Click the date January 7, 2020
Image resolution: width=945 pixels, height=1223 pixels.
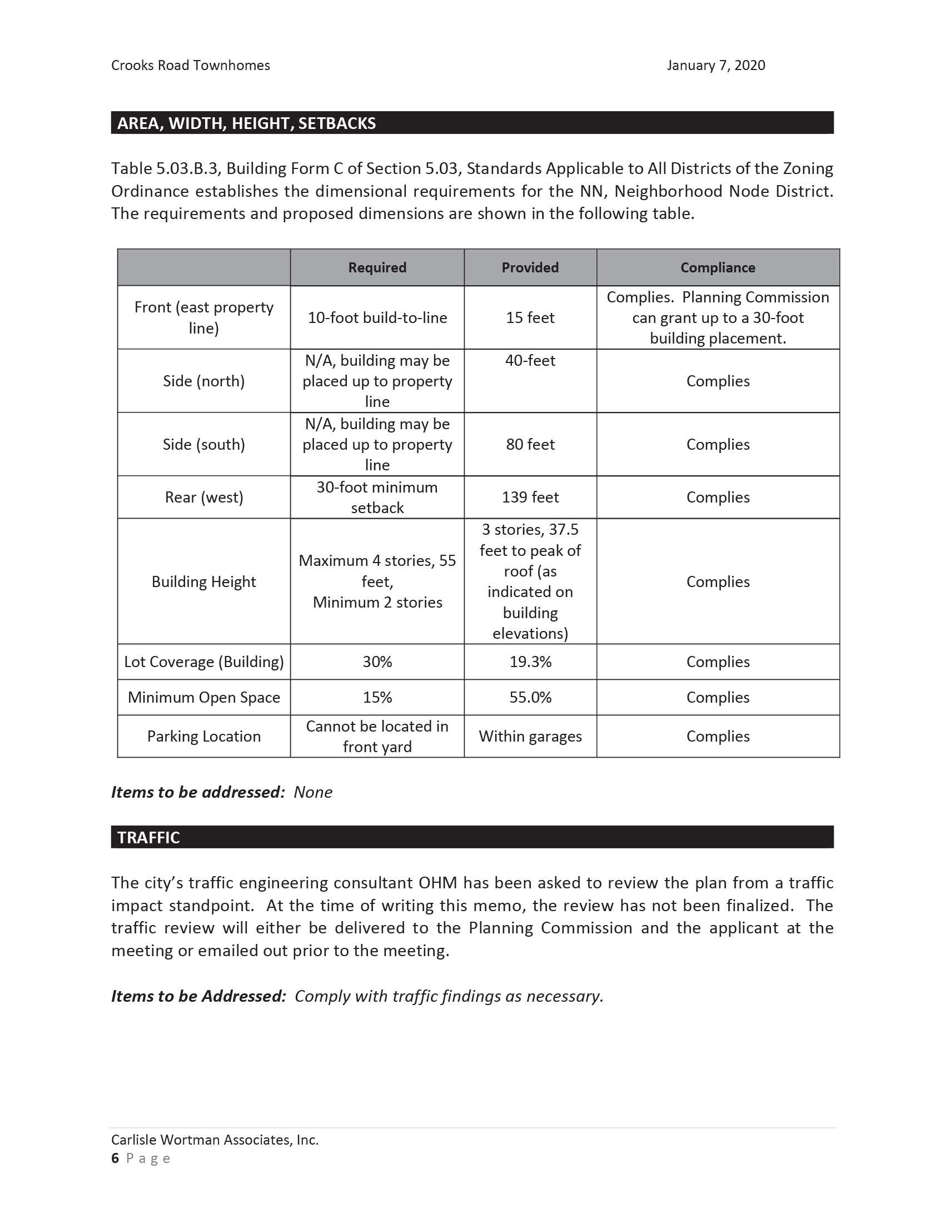[715, 66]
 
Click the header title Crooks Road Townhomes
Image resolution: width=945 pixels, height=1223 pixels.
[190, 66]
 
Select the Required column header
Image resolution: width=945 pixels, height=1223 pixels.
[377, 268]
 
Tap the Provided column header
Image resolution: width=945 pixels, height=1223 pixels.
[530, 268]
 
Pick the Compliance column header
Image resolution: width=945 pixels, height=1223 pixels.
[718, 268]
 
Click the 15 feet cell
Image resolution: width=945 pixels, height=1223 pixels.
[530, 317]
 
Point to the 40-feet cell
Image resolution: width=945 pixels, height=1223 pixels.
[530, 361]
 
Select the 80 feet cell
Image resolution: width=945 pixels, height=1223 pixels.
[530, 444]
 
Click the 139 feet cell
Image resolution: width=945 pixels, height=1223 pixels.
[530, 498]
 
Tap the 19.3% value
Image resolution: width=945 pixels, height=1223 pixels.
[530, 662]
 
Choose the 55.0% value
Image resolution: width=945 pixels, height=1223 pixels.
[530, 697]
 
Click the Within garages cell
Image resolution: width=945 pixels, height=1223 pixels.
[530, 737]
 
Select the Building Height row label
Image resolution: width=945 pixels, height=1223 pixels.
[204, 582]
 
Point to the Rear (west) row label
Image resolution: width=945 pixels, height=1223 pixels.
[204, 498]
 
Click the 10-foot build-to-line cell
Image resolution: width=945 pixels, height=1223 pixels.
[377, 317]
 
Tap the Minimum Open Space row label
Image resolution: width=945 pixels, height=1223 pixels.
[204, 697]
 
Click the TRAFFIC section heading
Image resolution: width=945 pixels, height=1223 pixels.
[148, 838]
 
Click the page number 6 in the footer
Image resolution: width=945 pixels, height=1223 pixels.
[115, 1158]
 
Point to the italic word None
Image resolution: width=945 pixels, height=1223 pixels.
[313, 792]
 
